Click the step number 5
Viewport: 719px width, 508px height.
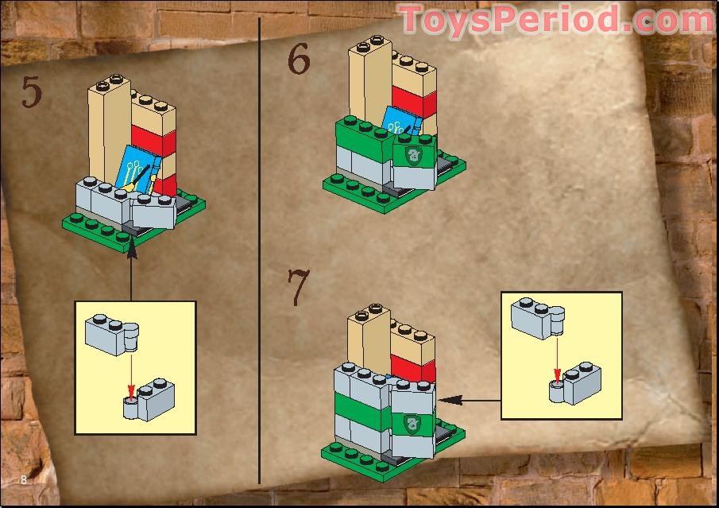pos(31,92)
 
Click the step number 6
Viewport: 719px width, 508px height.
pos(298,61)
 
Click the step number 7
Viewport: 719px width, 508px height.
pos(298,289)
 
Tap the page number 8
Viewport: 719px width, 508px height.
pos(24,479)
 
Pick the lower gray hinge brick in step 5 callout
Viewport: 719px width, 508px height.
pos(150,398)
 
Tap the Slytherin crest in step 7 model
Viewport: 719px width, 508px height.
pos(412,421)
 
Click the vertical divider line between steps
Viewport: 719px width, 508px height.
pos(260,254)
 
